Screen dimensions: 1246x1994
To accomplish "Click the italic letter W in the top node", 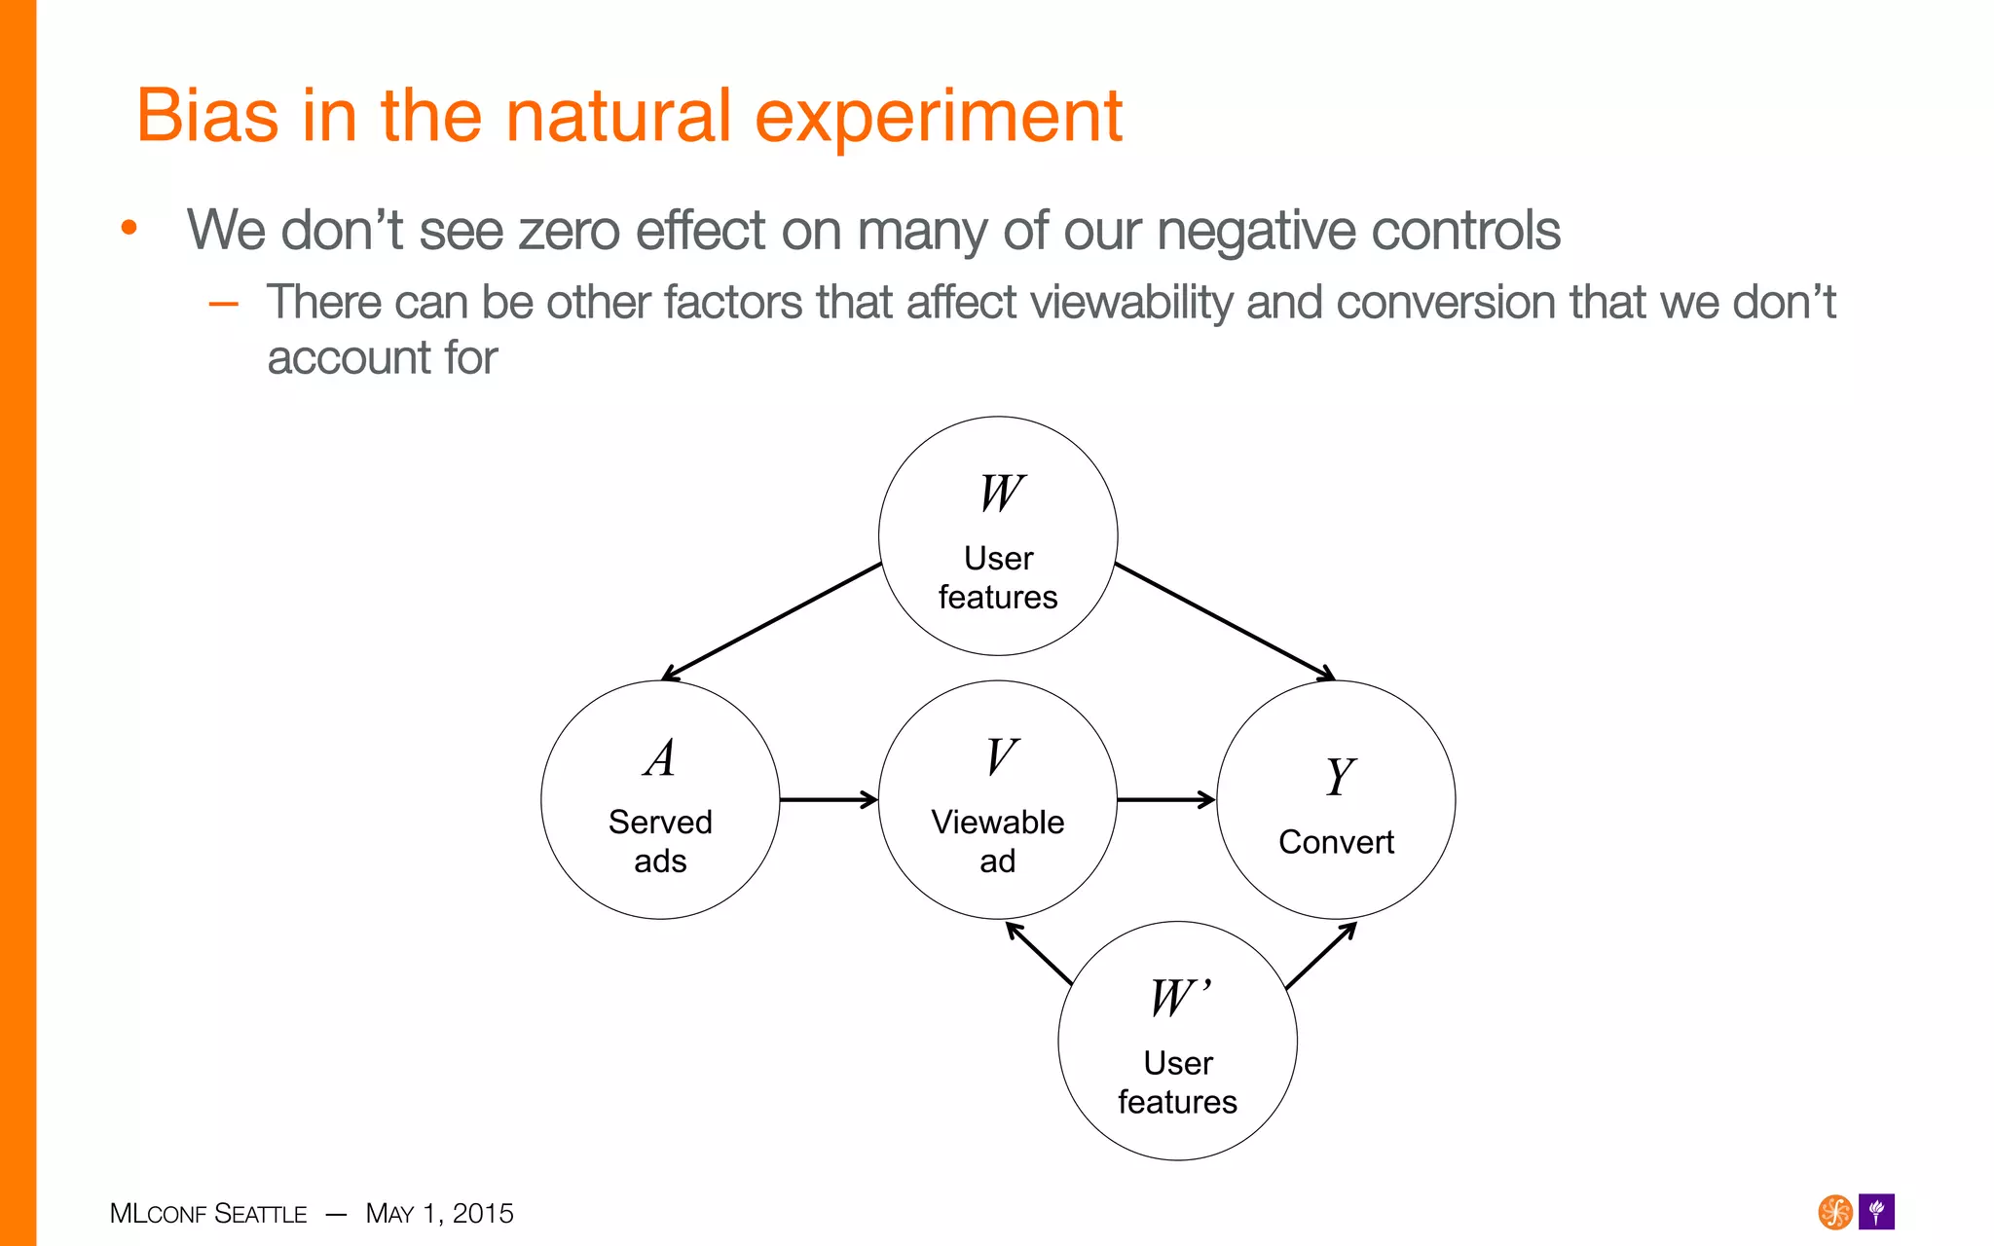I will click(1001, 494).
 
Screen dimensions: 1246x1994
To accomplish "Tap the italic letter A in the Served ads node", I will click(660, 758).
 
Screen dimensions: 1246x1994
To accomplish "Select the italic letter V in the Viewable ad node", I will click(1001, 757).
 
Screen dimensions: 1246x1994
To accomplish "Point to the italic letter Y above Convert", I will click(1339, 778).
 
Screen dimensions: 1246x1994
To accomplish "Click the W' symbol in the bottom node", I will click(1179, 999).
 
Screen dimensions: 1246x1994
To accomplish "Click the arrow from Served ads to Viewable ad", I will click(829, 800).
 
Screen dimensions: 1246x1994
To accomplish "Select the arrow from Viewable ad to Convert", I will click(1166, 800).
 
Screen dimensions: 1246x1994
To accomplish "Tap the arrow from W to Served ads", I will click(771, 621).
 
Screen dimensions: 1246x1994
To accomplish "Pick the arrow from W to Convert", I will click(1225, 621).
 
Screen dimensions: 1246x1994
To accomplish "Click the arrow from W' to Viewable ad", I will click(1039, 953).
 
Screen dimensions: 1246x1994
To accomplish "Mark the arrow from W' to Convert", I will click(1321, 955).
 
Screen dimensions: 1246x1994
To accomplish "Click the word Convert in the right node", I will click(1336, 842).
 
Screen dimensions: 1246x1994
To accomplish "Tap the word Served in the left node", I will click(660, 823).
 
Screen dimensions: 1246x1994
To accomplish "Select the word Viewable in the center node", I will click(997, 823).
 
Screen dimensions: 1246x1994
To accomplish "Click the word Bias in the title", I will click(207, 116).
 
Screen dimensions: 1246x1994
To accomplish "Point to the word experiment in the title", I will click(938, 116).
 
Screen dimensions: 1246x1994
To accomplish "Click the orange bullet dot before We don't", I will click(129, 229).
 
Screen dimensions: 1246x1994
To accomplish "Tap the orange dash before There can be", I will click(224, 304).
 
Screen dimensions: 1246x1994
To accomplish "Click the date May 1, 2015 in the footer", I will click(439, 1214).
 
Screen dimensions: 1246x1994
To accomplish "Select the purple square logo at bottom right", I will click(1876, 1212).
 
